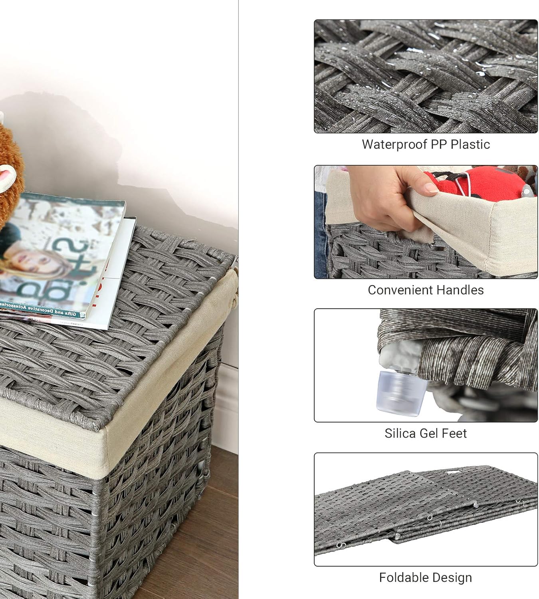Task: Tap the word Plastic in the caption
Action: tap(470, 144)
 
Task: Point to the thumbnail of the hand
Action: tap(426, 222)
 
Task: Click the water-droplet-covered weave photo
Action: tap(426, 76)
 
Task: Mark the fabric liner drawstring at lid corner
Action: tap(236, 280)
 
